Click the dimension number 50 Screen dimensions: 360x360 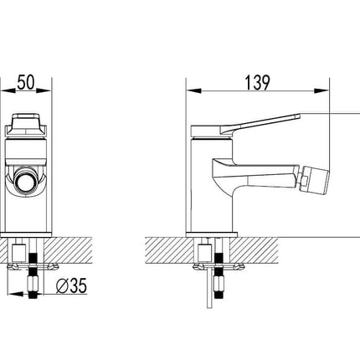[26, 82]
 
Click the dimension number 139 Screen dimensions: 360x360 [258, 83]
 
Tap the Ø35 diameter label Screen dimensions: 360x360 [71, 285]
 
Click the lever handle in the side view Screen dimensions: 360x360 [245, 125]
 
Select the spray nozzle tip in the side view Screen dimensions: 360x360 [316, 180]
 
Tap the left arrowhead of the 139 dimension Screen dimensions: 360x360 [193, 91]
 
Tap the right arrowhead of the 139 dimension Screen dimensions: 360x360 [321, 91]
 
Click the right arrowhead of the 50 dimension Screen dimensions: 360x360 [44, 90]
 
